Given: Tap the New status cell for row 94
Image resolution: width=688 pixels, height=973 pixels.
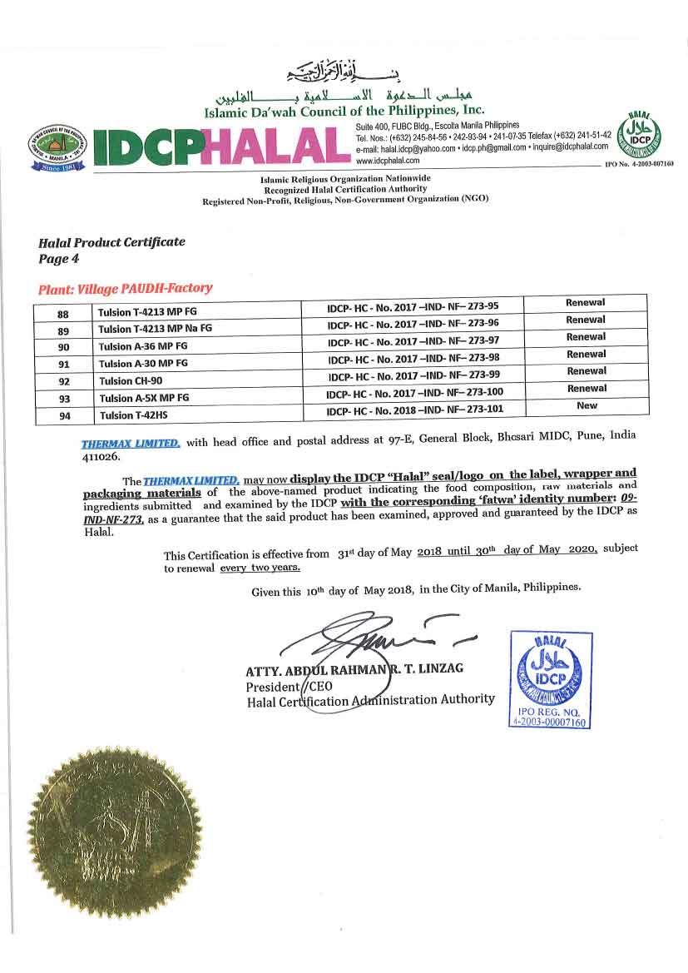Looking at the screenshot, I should [587, 405].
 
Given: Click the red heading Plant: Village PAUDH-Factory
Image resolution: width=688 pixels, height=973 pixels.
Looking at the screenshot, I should [125, 289].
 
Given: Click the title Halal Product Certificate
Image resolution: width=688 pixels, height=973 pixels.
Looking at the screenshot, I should [111, 242].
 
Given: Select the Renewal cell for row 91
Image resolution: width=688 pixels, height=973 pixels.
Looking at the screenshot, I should [587, 355].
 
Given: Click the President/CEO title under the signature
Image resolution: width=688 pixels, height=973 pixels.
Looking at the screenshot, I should [278, 687].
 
